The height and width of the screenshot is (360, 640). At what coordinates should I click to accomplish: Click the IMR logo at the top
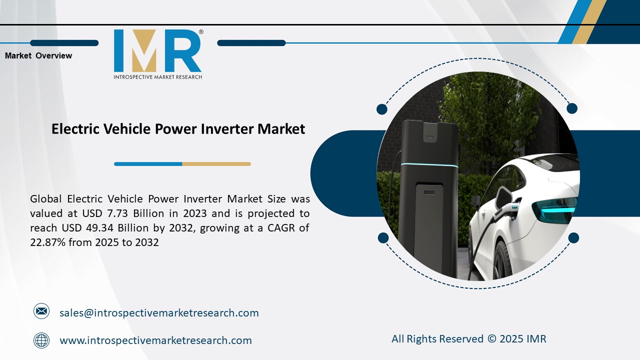tap(157, 51)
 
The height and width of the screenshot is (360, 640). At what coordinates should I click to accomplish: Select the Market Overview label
tap(38, 56)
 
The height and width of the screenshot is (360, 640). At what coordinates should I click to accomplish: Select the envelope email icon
tap(41, 312)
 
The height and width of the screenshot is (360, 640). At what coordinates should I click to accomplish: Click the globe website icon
tap(41, 340)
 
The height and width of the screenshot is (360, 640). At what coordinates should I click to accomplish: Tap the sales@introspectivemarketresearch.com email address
tap(159, 313)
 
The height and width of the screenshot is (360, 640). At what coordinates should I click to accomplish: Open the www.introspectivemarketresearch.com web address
tap(155, 340)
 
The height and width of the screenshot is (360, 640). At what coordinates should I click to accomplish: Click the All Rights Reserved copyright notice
tap(468, 339)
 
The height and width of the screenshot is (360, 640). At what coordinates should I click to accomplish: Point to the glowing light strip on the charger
tap(430, 165)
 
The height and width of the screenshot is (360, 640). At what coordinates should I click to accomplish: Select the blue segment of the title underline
tap(148, 164)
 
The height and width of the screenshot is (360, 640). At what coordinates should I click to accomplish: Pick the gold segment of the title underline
tap(216, 164)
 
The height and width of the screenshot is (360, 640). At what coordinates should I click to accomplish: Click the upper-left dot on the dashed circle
tap(382, 109)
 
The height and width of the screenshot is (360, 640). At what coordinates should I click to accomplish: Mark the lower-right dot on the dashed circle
tap(573, 238)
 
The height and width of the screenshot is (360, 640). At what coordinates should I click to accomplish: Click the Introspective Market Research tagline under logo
tap(157, 77)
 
